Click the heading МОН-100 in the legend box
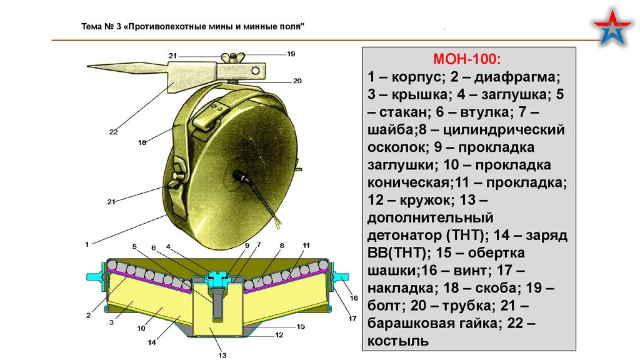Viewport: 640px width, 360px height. click(x=467, y=60)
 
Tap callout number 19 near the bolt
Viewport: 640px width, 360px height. click(x=291, y=54)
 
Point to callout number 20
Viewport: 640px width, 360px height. click(x=297, y=81)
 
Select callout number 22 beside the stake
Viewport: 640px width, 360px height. click(x=113, y=131)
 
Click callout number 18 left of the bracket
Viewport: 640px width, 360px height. click(x=142, y=142)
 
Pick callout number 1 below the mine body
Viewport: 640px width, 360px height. click(x=87, y=243)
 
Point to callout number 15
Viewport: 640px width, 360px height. click(x=301, y=326)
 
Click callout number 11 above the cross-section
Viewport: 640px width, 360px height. click(x=306, y=245)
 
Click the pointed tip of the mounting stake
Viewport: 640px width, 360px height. click(x=87, y=66)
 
